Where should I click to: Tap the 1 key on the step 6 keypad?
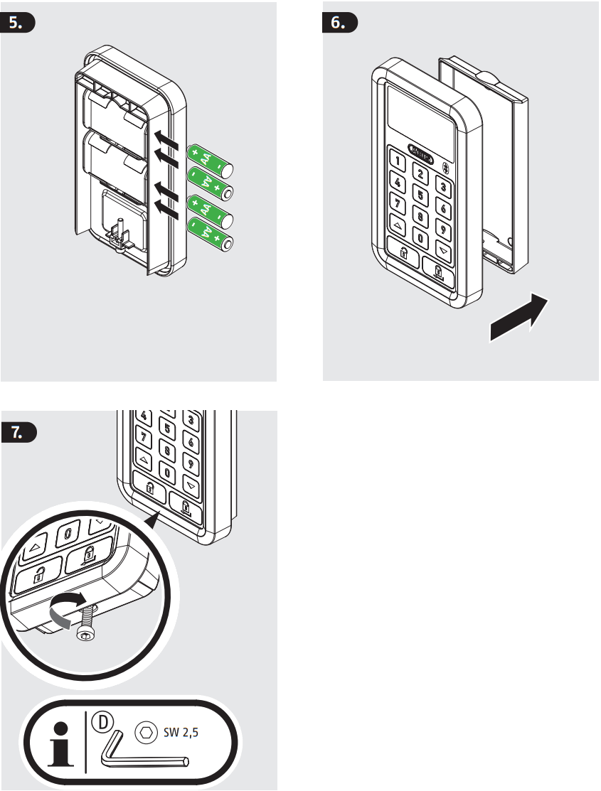[x=398, y=162]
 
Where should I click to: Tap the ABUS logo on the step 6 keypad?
[x=422, y=151]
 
